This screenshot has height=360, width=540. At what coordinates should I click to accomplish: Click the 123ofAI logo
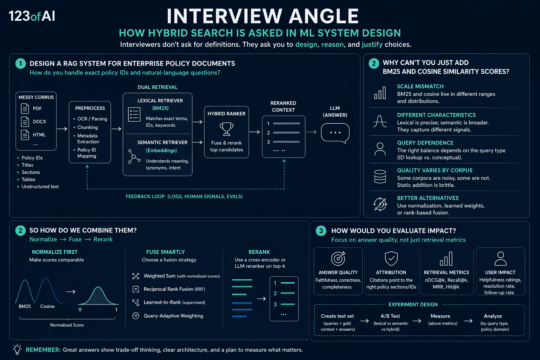32,16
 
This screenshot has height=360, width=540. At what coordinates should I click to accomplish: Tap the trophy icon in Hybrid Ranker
226,129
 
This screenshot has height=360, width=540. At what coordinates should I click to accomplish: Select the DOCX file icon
25,122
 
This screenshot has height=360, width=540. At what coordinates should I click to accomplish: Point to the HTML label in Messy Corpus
39,135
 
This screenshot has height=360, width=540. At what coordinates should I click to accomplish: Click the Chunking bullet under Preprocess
88,127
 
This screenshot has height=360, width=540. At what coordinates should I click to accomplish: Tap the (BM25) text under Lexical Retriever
160,108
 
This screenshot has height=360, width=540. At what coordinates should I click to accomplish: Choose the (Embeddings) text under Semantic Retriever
161,150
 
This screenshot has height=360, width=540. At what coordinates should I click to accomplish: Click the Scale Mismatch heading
420,86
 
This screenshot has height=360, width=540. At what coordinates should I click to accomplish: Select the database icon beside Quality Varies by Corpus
380,176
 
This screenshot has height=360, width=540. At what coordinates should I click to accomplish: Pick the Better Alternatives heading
427,198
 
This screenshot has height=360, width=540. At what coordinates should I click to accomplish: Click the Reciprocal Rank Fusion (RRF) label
174,289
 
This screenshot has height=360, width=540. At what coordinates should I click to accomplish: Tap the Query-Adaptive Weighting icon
136,316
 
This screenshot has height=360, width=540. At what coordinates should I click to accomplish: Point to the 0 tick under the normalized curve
80,309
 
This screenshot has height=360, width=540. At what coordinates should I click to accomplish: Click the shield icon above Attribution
391,258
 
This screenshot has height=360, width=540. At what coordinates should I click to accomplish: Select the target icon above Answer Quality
338,258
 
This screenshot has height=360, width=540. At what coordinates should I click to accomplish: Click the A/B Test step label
390,316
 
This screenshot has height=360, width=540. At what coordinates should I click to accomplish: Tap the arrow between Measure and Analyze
468,321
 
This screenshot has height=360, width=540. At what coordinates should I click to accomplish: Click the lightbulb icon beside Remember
17,349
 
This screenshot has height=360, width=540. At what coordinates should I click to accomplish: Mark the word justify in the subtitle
372,45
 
